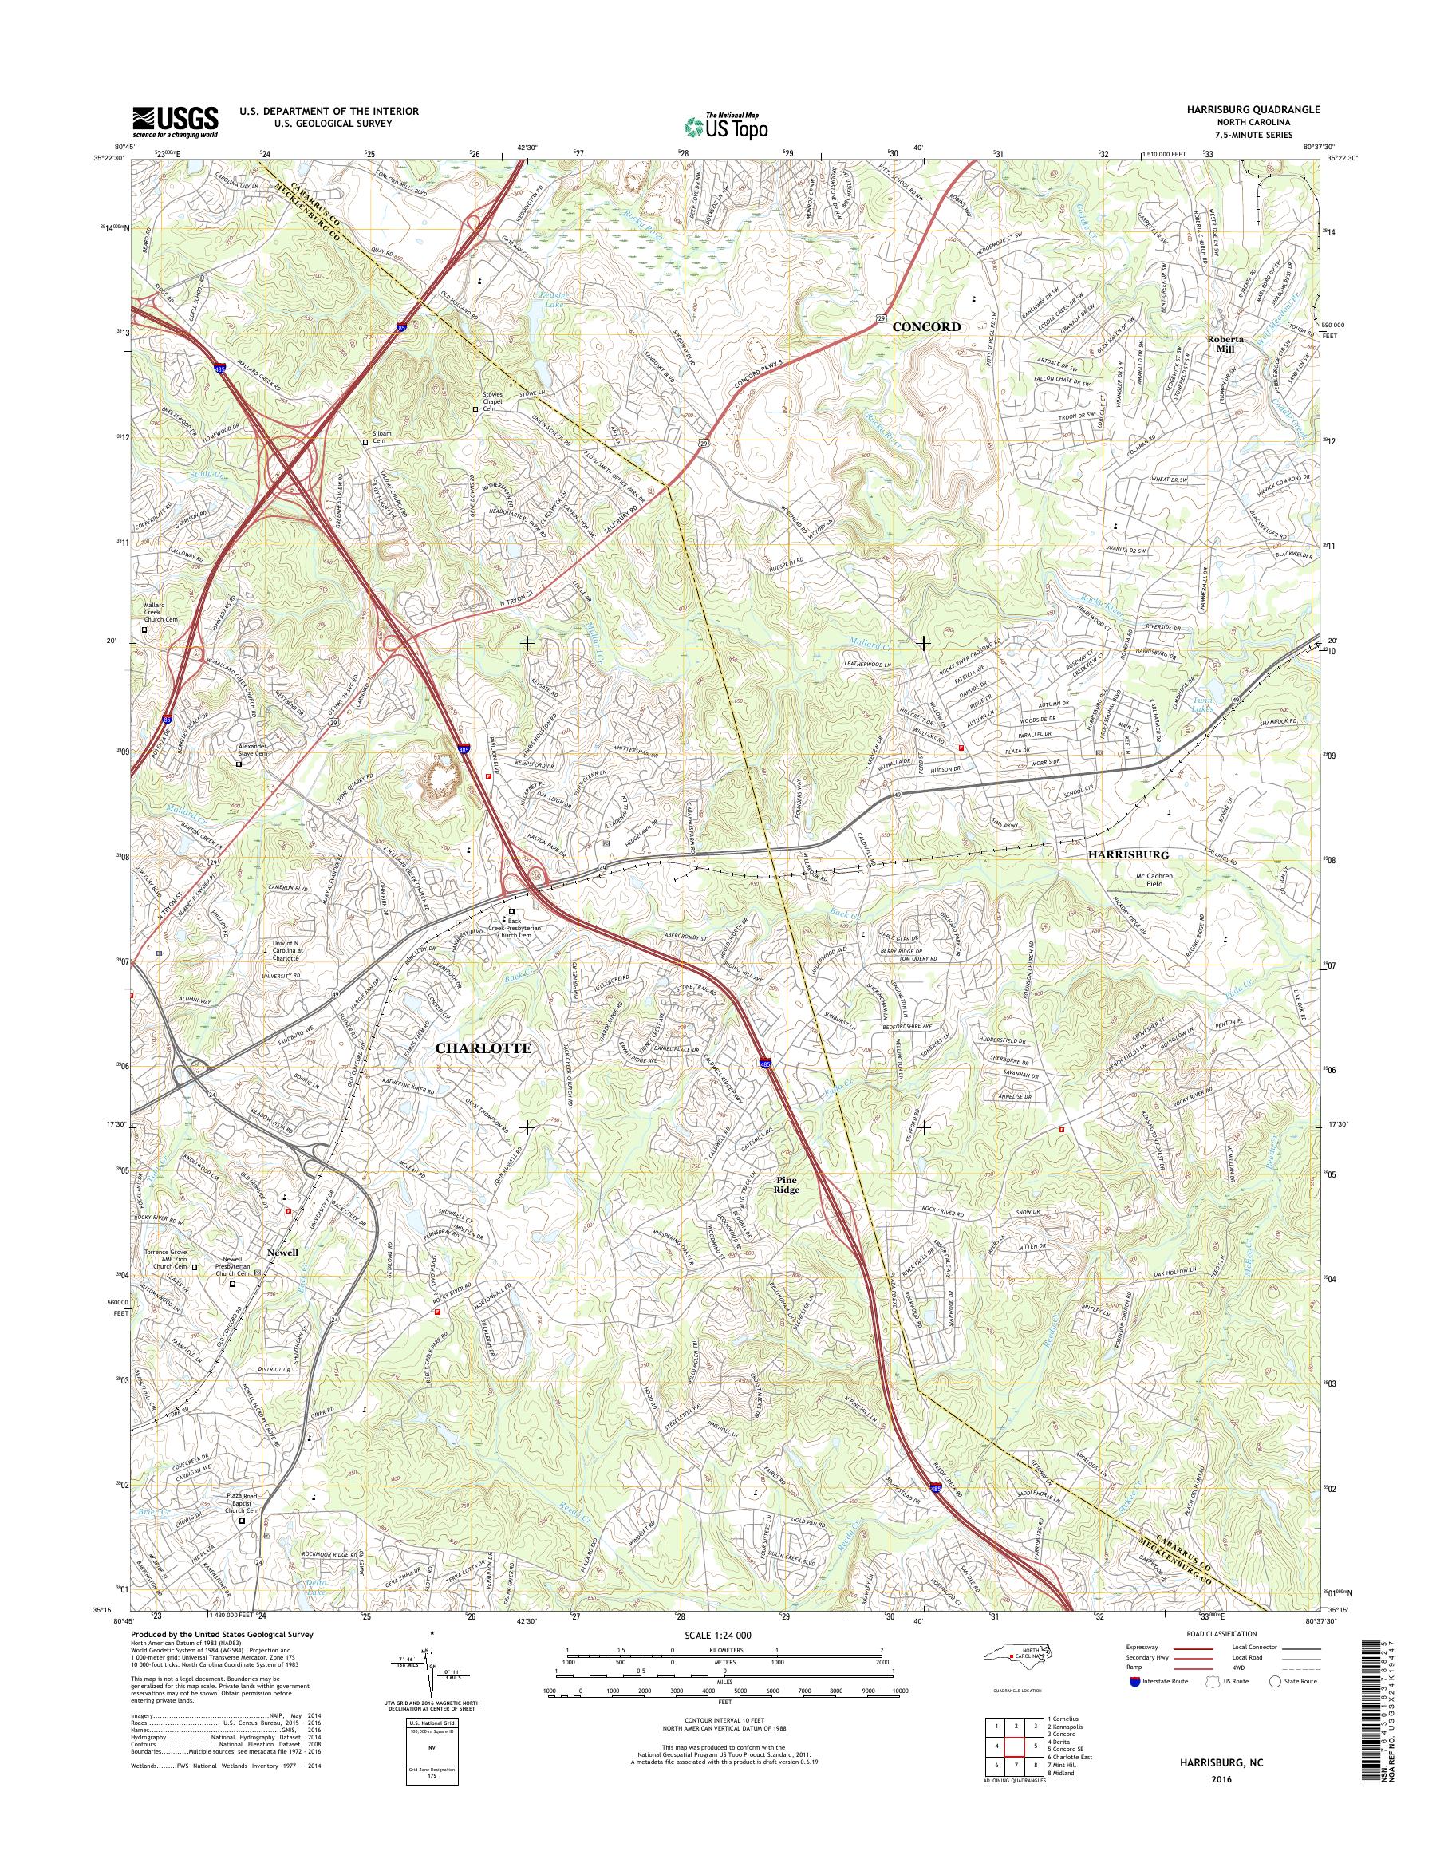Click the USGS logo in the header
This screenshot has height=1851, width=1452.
176,122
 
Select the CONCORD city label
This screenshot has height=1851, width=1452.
925,326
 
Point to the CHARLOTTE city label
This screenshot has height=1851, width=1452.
483,1048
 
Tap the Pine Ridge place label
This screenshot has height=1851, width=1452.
787,1185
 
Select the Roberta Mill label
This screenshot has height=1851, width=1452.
1226,342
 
